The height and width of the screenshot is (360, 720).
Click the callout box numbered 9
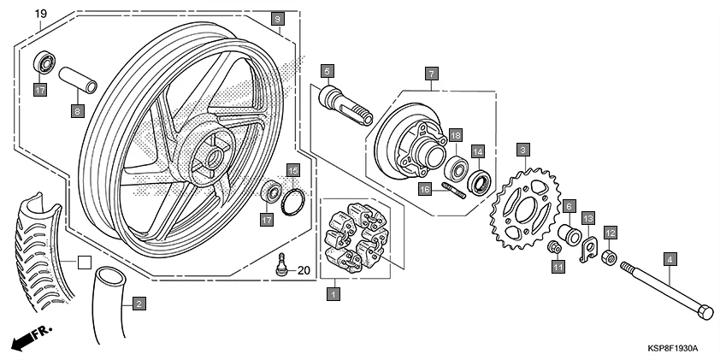[276, 19]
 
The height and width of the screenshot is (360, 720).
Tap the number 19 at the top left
[40, 15]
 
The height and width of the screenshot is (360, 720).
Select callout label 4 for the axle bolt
[670, 259]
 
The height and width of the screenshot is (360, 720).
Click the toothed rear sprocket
[521, 204]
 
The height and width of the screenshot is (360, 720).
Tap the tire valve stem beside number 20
[280, 265]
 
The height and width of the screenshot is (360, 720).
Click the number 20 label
[304, 271]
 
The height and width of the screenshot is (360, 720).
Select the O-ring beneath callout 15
[293, 202]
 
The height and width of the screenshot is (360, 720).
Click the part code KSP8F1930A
[672, 348]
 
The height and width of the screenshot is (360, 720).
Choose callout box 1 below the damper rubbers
[333, 294]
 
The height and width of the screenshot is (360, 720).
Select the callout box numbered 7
[432, 74]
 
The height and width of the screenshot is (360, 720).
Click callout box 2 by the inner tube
[139, 302]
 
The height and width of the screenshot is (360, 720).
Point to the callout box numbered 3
[521, 150]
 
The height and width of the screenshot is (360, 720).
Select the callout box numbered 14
[479, 151]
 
